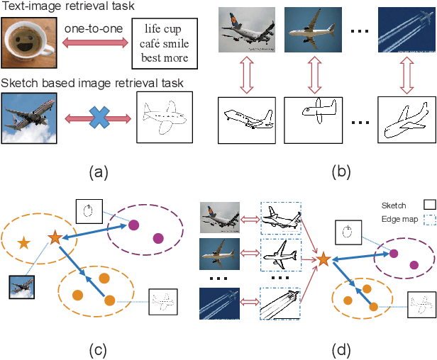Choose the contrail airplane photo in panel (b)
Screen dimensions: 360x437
pos(406,31)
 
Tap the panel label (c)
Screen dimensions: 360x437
pos(97,349)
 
